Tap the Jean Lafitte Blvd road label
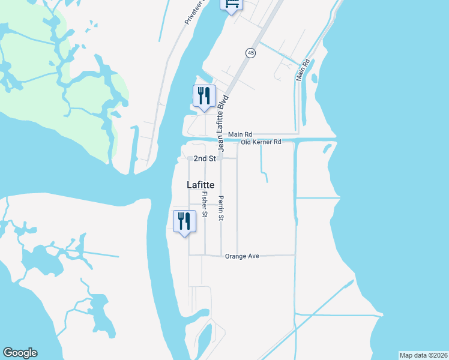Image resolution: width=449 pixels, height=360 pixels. pos(223,122)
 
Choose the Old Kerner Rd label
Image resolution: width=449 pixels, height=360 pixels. pos(261,142)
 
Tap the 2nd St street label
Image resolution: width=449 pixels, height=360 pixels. pos(204,158)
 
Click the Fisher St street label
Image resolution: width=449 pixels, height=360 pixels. pos(205,204)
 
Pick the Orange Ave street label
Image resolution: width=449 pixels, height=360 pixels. pos(242,256)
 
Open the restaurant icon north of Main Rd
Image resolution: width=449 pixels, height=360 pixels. pos(204,96)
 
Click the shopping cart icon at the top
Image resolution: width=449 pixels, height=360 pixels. pos(232,5)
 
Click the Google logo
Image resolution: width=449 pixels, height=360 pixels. pos(20,353)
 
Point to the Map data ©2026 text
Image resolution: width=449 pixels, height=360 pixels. pos(423,355)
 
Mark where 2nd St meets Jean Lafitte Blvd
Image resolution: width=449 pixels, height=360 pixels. pos(220,158)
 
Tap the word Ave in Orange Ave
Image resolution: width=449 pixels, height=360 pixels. pos(253,256)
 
